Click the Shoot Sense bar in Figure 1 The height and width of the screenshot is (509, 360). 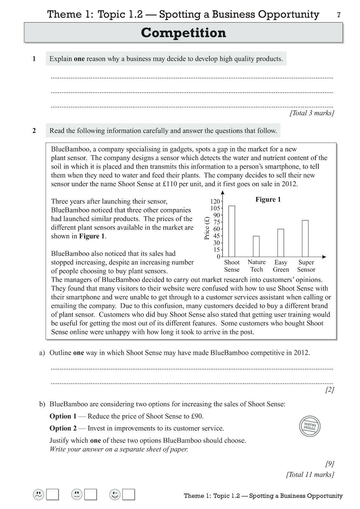click(232, 231)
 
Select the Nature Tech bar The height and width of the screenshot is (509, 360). click(256, 246)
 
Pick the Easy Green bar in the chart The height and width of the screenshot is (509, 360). click(281, 243)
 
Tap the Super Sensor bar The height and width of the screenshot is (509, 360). click(305, 238)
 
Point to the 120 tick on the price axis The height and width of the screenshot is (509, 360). click(215, 201)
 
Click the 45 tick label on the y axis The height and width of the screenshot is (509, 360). click(216, 236)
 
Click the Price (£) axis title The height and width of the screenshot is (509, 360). click(207, 228)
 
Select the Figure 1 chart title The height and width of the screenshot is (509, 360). click(268, 200)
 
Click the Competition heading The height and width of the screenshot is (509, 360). click(183, 33)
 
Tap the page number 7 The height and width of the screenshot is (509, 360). click(339, 15)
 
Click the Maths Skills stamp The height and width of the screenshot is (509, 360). click(310, 426)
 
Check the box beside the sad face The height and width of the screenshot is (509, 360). click(53, 495)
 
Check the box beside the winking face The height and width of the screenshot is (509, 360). click(129, 495)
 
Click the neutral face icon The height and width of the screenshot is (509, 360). click(76, 494)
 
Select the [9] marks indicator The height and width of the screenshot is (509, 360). click(329, 464)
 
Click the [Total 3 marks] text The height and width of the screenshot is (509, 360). click(311, 113)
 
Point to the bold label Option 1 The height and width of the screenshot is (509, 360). click(63, 416)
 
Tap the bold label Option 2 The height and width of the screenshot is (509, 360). click(63, 429)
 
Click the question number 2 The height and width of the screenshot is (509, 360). click(34, 131)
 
